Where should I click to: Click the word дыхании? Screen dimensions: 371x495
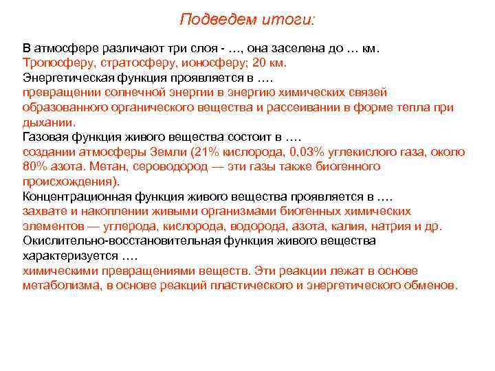47,122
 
